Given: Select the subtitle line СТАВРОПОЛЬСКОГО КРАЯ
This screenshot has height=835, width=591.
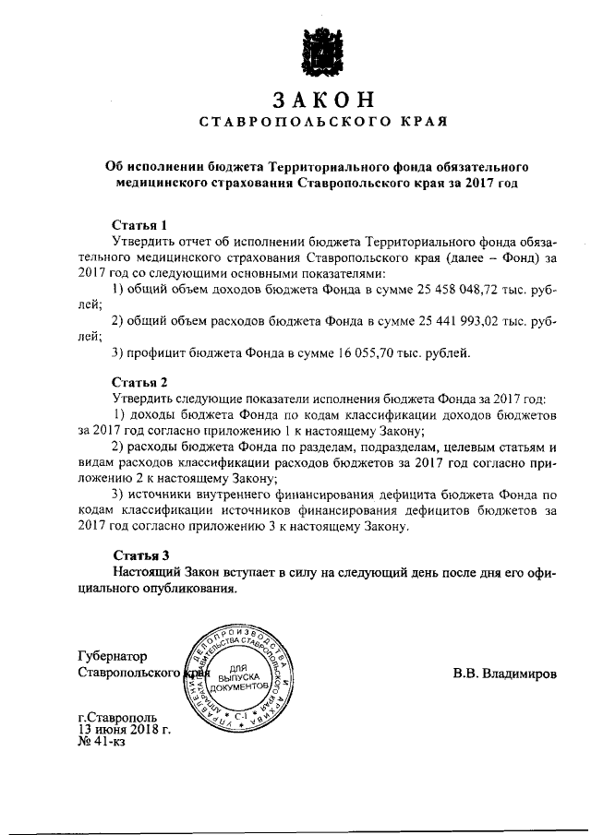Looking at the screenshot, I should (317, 122).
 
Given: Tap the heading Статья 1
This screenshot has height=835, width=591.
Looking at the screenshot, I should (139, 224).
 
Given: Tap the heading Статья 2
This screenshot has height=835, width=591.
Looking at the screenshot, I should (139, 382).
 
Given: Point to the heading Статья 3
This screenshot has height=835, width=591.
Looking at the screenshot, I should (139, 555).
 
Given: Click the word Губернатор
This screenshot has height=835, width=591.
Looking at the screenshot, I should (113, 656).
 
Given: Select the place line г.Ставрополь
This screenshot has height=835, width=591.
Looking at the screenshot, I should (117, 717).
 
